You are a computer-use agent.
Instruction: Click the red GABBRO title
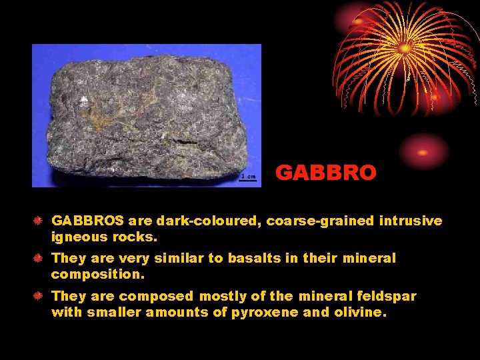326,173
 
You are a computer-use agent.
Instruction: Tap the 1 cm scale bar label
248,177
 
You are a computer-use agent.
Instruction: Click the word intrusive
411,221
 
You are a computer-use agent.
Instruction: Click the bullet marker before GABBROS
39,221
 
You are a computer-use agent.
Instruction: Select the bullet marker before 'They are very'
39,258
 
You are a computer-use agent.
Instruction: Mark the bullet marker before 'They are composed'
39,295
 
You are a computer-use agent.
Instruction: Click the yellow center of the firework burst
405,48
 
